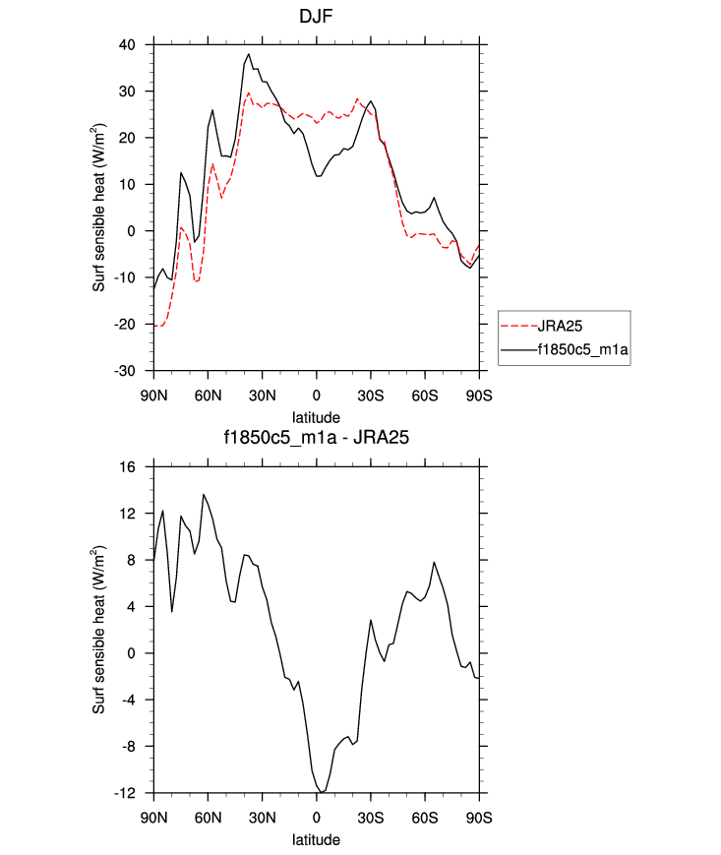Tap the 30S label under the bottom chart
coord(371,817)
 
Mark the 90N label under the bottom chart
coord(153,817)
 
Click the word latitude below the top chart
coord(316,416)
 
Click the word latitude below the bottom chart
coord(316,840)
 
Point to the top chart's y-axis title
coord(100,208)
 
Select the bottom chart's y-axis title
coord(100,630)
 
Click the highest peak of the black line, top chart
coord(249,54)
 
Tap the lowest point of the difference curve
coord(321,792)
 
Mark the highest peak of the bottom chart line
coord(204,494)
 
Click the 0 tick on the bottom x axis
coord(317,817)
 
